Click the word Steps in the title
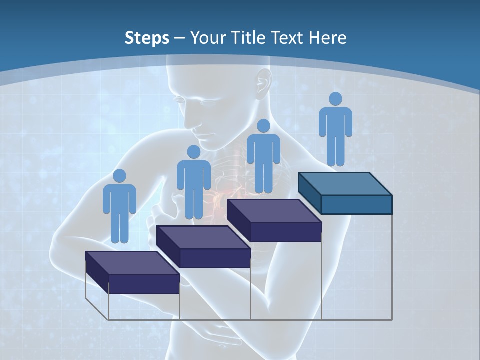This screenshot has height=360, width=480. (147, 38)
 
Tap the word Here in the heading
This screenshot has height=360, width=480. (329, 38)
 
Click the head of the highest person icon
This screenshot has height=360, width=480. (335, 99)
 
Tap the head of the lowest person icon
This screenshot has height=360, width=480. (119, 176)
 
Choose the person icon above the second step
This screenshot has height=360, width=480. (193, 182)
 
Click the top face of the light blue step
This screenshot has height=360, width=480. (345, 184)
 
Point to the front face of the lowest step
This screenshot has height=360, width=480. (144, 284)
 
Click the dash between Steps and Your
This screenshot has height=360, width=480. (180, 38)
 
